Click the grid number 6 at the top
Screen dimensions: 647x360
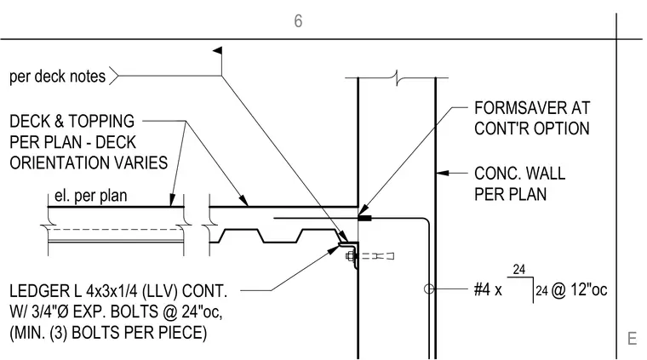coord(298,21)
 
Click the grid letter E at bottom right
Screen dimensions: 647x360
coord(632,339)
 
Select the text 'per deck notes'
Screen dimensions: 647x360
coord(57,77)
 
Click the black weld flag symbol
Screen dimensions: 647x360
coord(217,50)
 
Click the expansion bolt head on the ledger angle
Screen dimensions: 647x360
coord(350,256)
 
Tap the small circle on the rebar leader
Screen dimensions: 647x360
coord(429,289)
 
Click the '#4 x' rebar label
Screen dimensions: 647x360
coord(488,289)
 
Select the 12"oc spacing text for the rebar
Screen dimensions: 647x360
coord(589,289)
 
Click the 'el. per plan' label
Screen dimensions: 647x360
coord(91,196)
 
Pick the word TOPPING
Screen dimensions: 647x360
coord(101,121)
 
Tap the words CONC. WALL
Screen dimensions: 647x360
coord(519,174)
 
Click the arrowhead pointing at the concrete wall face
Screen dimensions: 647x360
coord(443,173)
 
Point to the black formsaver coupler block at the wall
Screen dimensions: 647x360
coord(364,218)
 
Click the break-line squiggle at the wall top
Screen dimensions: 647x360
coord(397,77)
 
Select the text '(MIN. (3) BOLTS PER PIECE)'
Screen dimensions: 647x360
coord(108,333)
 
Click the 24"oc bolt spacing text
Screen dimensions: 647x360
coord(203,311)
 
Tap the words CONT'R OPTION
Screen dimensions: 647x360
coord(532,129)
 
